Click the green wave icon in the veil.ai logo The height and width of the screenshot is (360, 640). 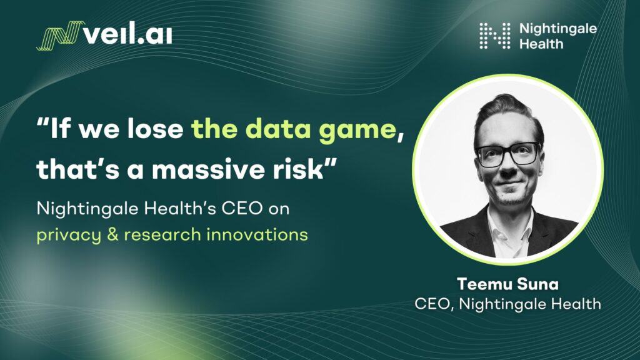click(61, 36)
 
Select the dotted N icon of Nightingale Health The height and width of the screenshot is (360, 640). click(495, 36)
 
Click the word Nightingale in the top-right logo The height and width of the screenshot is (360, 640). click(558, 29)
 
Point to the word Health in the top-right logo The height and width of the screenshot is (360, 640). click(541, 44)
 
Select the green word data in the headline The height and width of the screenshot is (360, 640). click(280, 129)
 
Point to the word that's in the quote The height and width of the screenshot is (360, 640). click(77, 169)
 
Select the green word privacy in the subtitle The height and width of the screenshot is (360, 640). click(69, 236)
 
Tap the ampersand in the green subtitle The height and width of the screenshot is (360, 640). click(112, 235)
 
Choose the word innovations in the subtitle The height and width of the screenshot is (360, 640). click(257, 235)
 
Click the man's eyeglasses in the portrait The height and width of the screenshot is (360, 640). click(508, 154)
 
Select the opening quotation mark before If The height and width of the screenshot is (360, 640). click(42, 122)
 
